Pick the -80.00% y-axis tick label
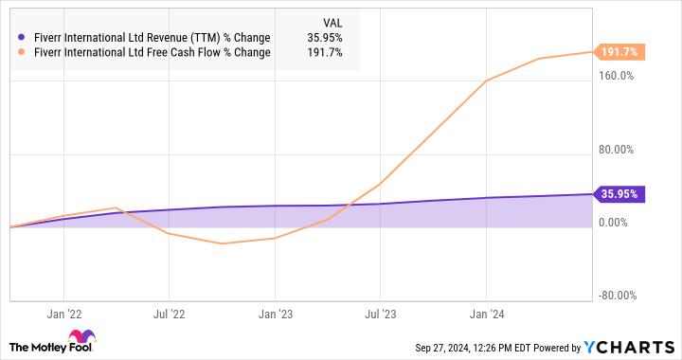coord(614,295)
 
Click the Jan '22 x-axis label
coord(63,312)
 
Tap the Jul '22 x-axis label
coord(169,312)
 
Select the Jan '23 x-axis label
coord(275,312)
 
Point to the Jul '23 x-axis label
coord(380,312)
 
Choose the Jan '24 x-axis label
coord(486,312)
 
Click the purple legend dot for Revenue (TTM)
coord(21,38)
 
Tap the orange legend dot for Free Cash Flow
coord(21,52)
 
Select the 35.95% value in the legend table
coord(326,38)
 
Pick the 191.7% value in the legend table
coord(326,52)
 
